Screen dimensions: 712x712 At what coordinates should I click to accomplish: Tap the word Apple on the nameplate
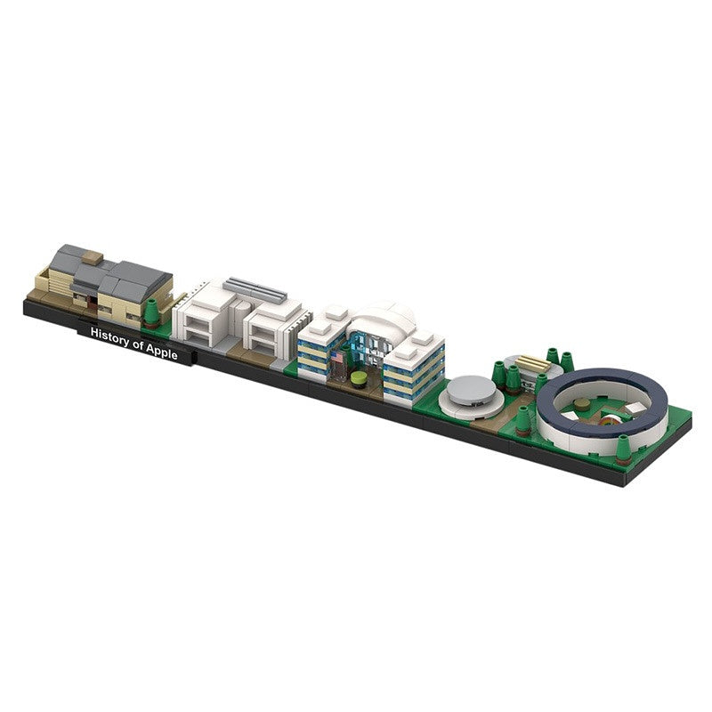coord(162,351)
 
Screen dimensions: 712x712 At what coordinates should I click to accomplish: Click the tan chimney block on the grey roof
coord(93,258)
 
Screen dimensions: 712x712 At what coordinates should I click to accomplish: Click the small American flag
coord(337,357)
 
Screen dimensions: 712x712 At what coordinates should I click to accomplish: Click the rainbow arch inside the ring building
coord(609,419)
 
